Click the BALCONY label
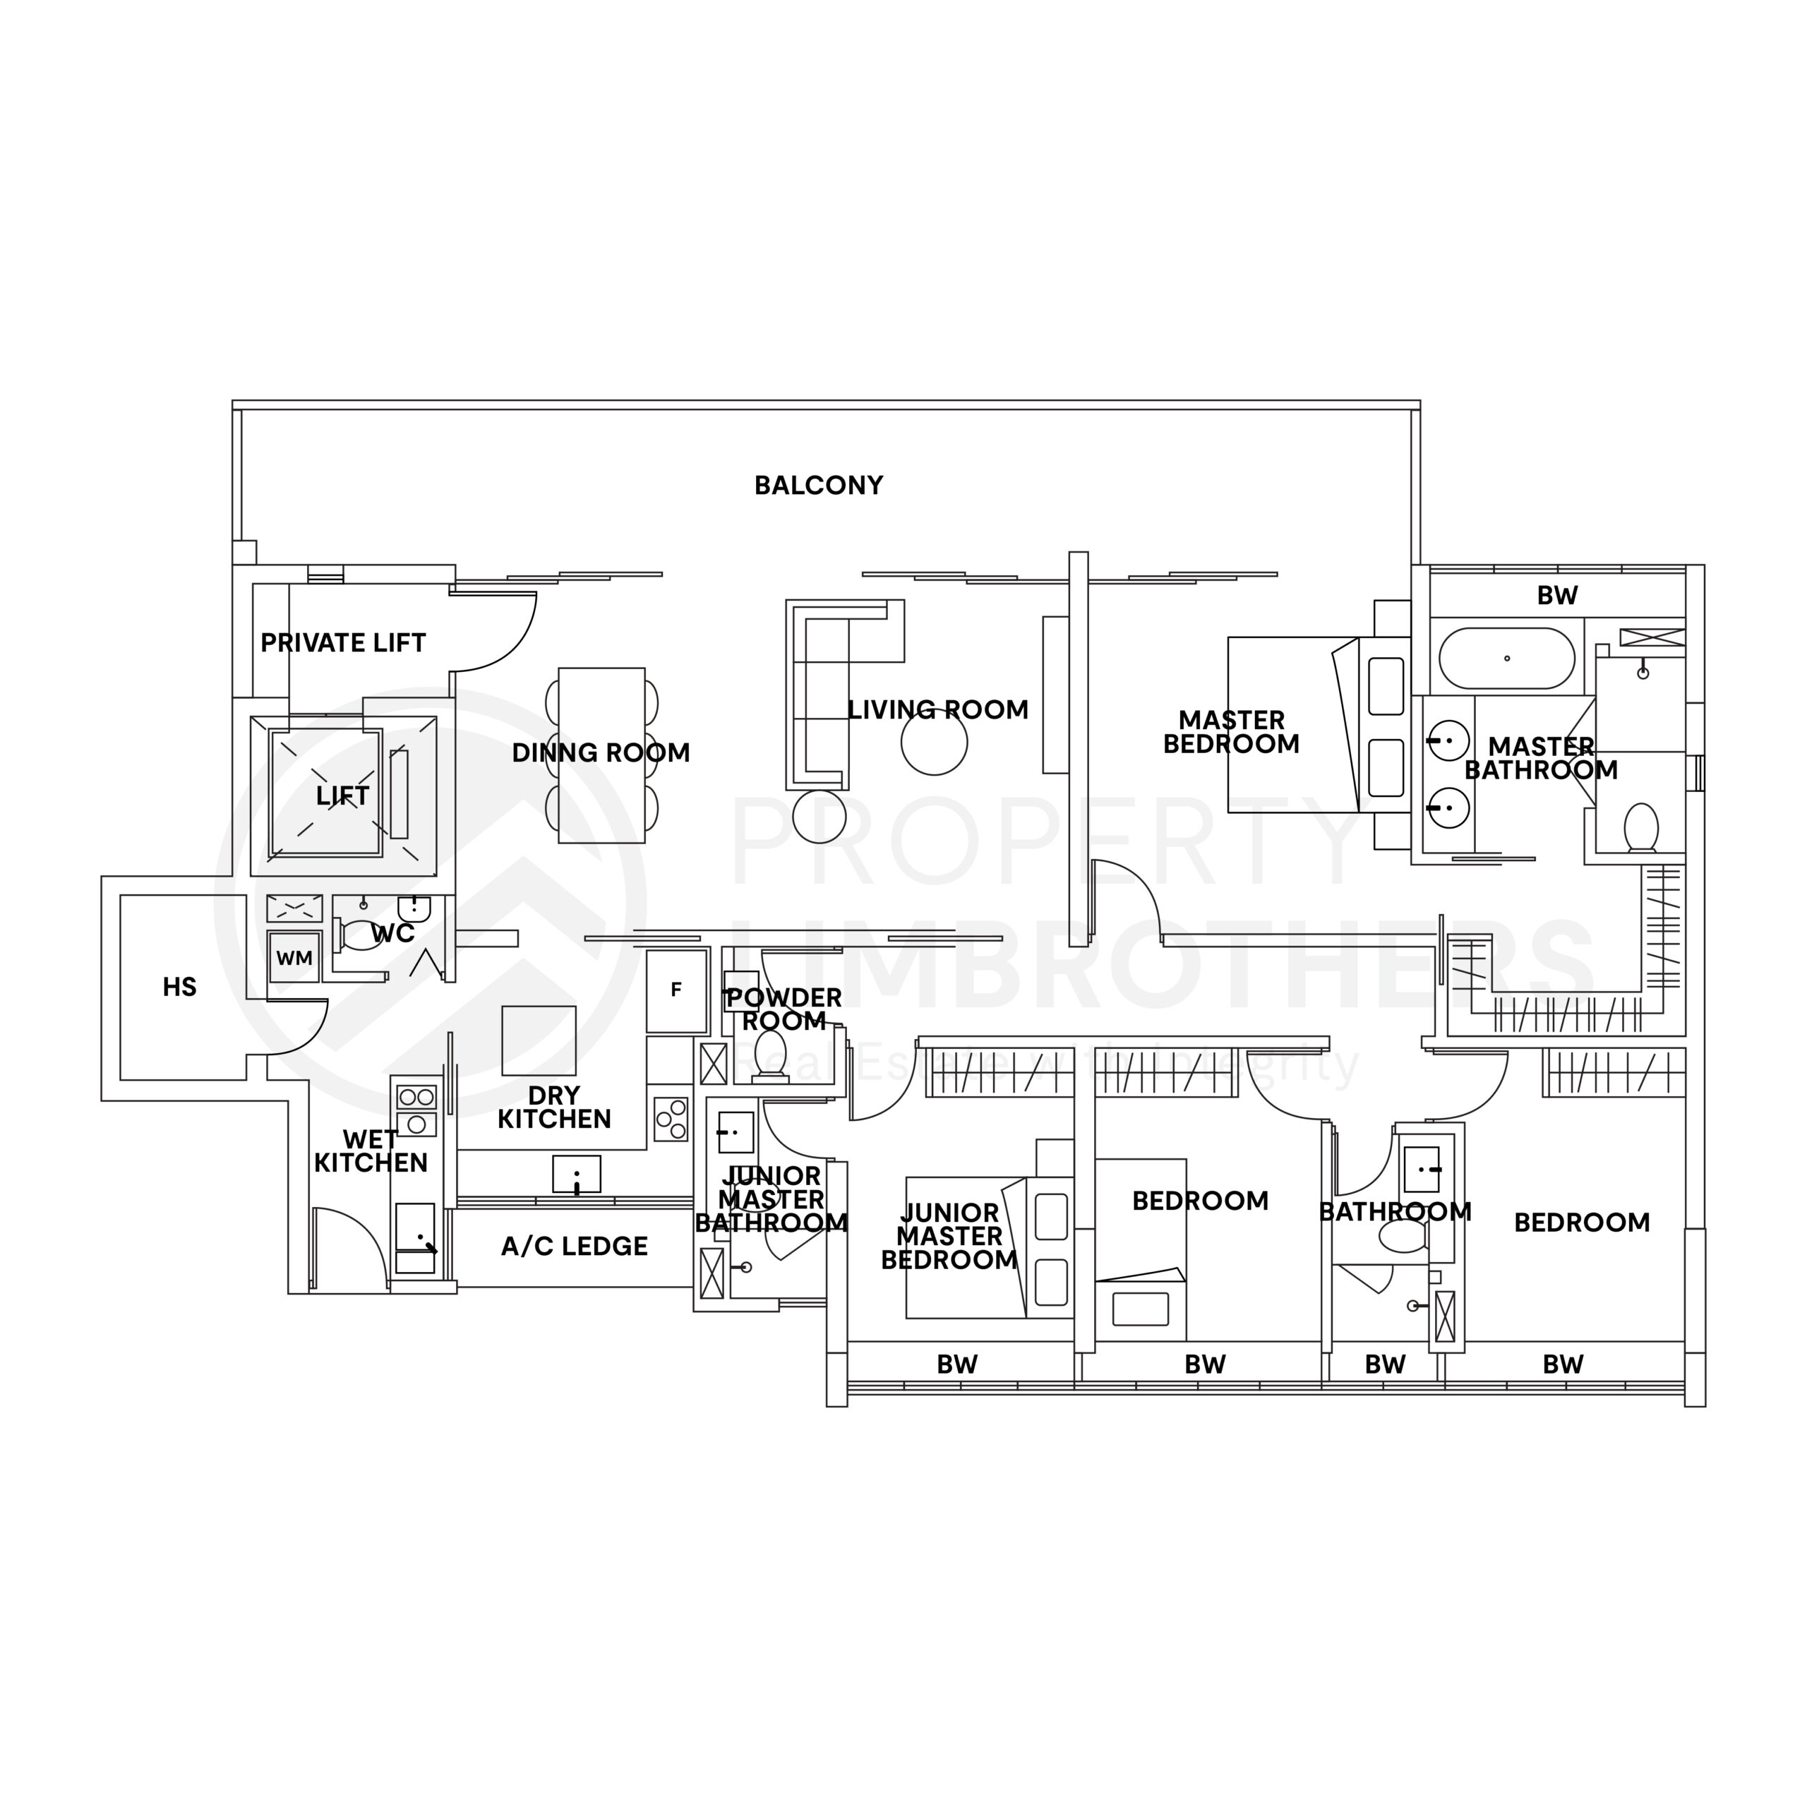coord(818,486)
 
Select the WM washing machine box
coord(294,958)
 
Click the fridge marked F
coord(676,990)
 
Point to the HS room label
coord(179,987)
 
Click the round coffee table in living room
coord(933,743)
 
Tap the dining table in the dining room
coord(601,756)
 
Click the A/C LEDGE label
coord(575,1246)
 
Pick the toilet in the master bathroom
coord(1640,828)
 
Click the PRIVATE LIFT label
coord(342,644)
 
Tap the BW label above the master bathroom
coord(1557,596)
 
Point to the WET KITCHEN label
coord(371,1151)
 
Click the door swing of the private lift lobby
coord(505,636)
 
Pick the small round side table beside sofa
coord(820,817)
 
